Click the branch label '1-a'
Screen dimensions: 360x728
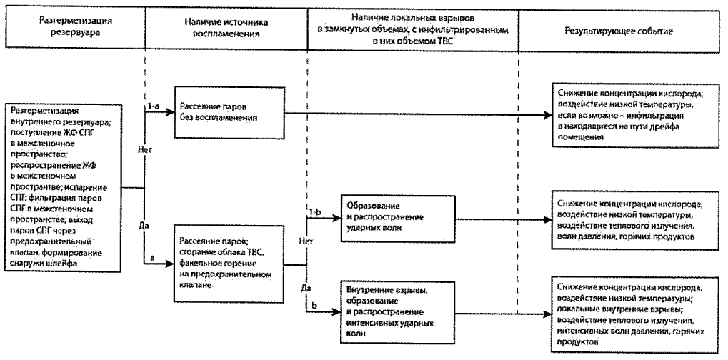151,106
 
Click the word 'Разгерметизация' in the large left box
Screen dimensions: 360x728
40,111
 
